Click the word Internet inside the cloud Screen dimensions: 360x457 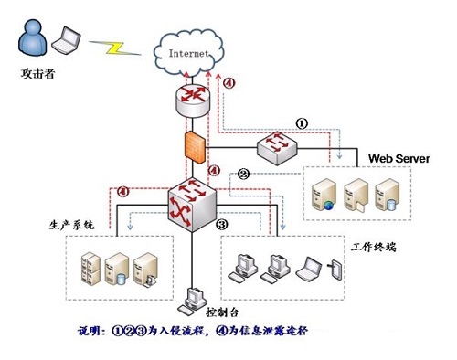click(x=190, y=52)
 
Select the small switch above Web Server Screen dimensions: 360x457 click(x=273, y=146)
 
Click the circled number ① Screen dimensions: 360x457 click(x=301, y=121)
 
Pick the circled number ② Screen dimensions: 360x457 click(x=244, y=173)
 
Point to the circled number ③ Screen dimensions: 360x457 click(x=221, y=223)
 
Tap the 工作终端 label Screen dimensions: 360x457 click(x=372, y=247)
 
